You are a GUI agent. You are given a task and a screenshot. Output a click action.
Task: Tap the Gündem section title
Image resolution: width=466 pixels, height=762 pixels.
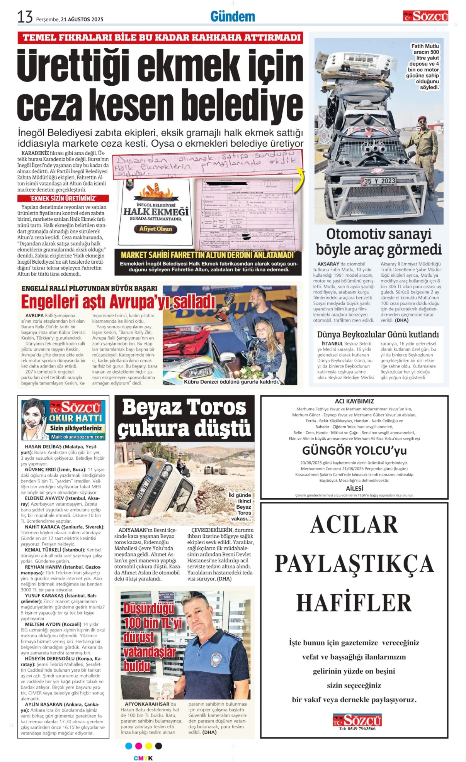pyautogui.click(x=233, y=17)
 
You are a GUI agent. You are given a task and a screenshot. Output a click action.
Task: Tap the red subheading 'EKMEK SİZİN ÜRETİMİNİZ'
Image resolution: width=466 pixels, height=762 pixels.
pyautogui.click(x=63, y=198)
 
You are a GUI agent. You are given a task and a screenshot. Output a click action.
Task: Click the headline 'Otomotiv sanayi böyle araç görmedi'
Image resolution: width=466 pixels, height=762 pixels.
pyautogui.click(x=378, y=242)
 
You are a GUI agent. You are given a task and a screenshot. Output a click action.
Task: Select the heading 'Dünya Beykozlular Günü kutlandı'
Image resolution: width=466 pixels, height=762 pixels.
pyautogui.click(x=378, y=334)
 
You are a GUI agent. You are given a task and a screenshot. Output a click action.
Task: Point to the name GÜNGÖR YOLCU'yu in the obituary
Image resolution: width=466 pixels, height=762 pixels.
pyautogui.click(x=354, y=450)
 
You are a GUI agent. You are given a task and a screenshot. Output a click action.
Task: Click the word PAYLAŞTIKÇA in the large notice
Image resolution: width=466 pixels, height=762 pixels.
pyautogui.click(x=354, y=563)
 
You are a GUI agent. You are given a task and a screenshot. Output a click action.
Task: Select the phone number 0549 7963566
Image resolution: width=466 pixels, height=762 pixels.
pyautogui.click(x=357, y=729)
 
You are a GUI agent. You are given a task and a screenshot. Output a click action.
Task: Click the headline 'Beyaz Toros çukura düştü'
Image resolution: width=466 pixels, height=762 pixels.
pyautogui.click(x=184, y=418)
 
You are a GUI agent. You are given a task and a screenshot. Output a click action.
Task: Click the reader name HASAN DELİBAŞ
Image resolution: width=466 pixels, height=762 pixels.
pyautogui.click(x=41, y=447)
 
